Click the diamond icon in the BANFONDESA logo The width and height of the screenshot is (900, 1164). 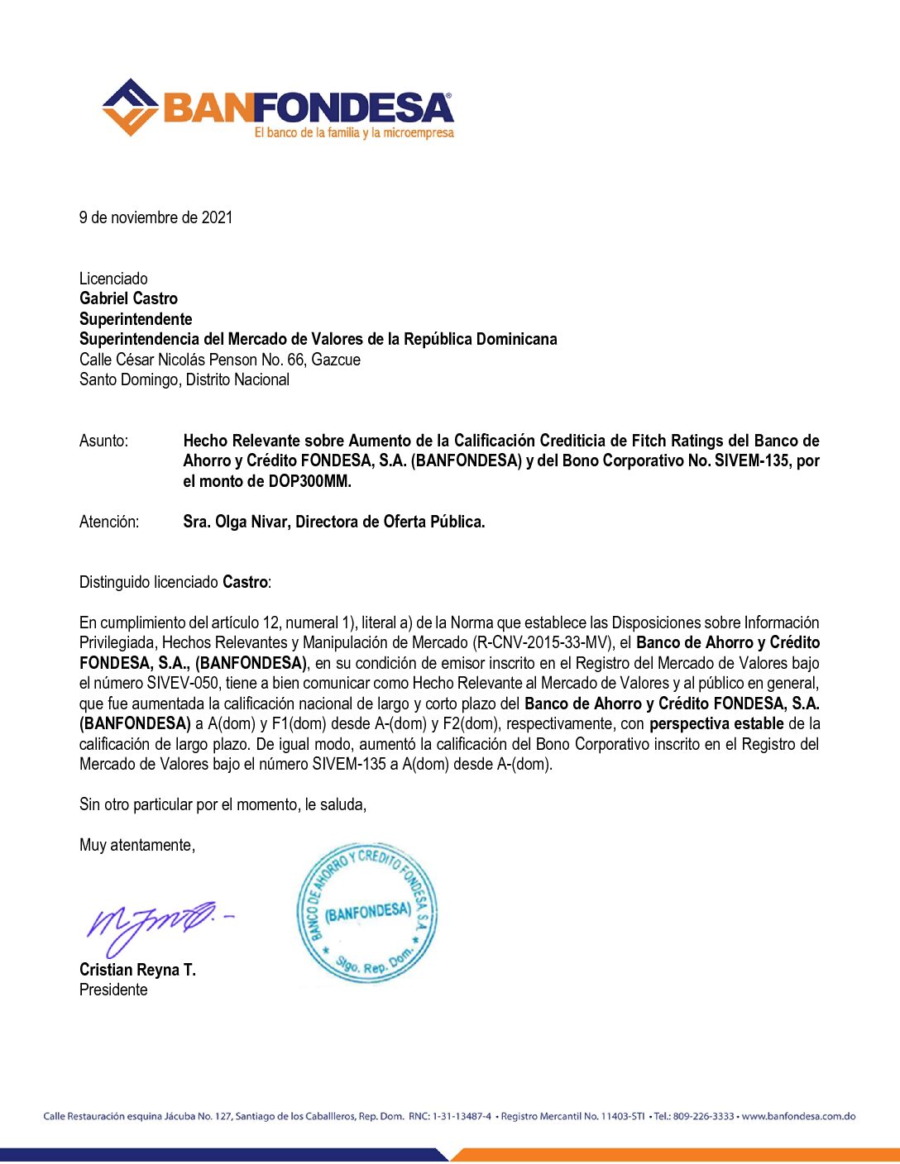point(130,107)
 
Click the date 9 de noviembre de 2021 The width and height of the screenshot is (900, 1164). point(156,217)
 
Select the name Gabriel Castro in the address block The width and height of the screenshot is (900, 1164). point(128,298)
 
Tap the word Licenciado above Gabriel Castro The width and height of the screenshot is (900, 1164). point(113,279)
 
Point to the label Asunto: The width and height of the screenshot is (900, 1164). point(103,441)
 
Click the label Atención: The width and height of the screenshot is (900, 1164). point(109,522)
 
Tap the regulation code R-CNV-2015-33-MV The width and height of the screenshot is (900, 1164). point(542,642)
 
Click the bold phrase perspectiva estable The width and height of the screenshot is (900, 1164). point(716,723)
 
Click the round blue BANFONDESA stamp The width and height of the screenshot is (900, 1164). point(366,914)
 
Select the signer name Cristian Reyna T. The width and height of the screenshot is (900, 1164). point(137,970)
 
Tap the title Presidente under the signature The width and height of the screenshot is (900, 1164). point(113,990)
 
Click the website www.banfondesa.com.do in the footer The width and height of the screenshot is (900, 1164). point(798,1116)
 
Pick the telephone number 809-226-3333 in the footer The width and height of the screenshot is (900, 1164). point(703,1116)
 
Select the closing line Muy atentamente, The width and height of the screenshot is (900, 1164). point(137,845)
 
